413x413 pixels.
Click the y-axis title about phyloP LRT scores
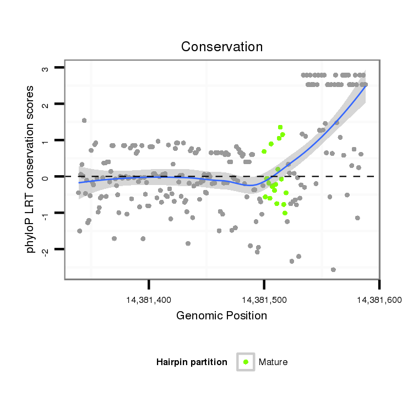click(x=31, y=169)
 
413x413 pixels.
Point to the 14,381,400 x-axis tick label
click(x=149, y=300)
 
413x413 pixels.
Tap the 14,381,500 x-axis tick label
click(x=264, y=300)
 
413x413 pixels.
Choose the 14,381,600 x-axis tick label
click(x=378, y=300)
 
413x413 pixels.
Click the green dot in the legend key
click(x=246, y=362)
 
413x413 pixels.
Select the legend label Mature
click(x=273, y=362)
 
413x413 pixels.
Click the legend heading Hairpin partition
click(x=192, y=362)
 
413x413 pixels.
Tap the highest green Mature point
click(x=280, y=127)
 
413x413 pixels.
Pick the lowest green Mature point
click(x=285, y=213)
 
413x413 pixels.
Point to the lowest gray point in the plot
click(x=333, y=269)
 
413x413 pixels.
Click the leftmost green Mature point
click(x=264, y=151)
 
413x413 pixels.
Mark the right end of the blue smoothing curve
click(x=366, y=86)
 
